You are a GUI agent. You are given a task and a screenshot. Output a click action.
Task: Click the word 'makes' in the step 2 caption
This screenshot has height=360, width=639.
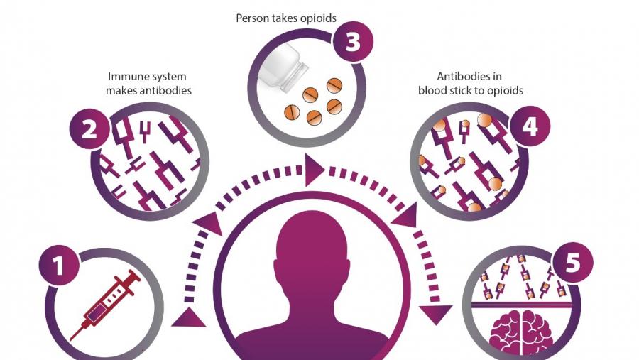121,90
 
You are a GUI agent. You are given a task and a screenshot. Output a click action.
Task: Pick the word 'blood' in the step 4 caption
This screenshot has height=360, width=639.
432,90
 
